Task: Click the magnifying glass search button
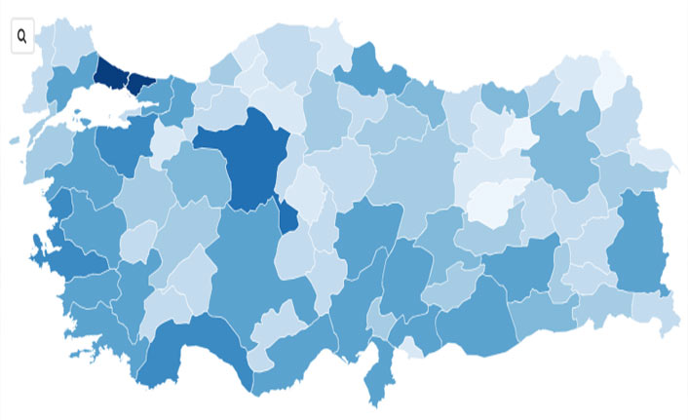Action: tap(21, 37)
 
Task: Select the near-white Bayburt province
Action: tap(517, 134)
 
